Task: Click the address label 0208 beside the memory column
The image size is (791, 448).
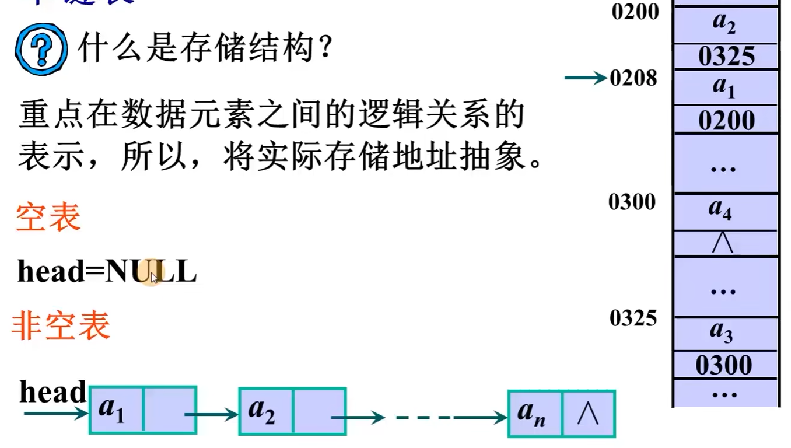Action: [633, 78]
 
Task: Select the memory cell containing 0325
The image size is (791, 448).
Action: [726, 57]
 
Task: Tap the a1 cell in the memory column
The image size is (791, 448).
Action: [725, 87]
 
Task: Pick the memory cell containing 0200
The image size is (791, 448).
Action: [726, 121]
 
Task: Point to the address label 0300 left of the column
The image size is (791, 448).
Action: [632, 202]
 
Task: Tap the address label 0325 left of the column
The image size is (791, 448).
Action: [633, 318]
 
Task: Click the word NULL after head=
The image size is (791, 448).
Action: [151, 272]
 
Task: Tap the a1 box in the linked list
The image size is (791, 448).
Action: [116, 410]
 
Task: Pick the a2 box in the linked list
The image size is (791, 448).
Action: [265, 411]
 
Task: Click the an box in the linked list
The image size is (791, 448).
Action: [535, 414]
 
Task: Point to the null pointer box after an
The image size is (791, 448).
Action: [589, 414]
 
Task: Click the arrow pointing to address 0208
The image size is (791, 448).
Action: [586, 78]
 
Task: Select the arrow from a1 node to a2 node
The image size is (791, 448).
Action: [211, 415]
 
